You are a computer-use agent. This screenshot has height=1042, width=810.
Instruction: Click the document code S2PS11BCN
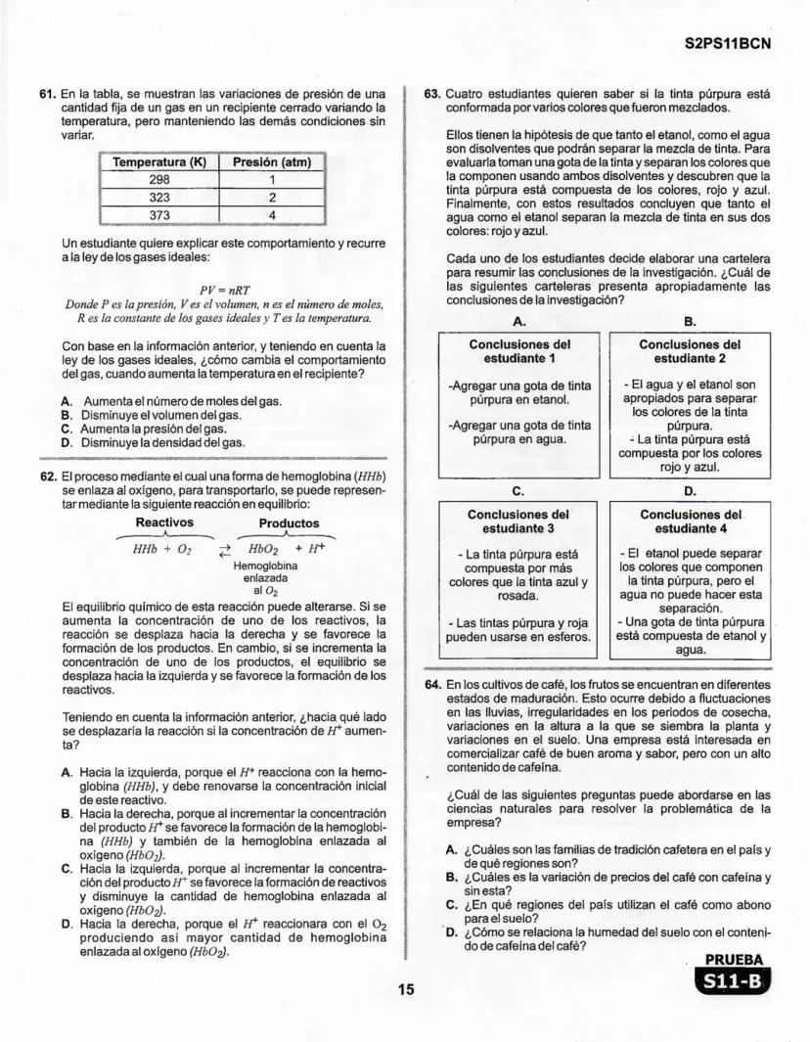click(x=727, y=45)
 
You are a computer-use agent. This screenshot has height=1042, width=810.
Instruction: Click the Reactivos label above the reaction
click(x=164, y=523)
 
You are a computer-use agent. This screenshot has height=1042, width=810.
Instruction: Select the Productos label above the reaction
click(x=288, y=523)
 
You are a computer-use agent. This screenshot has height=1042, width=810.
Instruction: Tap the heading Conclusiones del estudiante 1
click(x=519, y=351)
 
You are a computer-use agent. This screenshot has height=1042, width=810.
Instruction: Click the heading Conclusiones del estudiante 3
click(x=519, y=521)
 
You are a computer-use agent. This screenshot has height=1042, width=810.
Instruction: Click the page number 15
click(x=405, y=989)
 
